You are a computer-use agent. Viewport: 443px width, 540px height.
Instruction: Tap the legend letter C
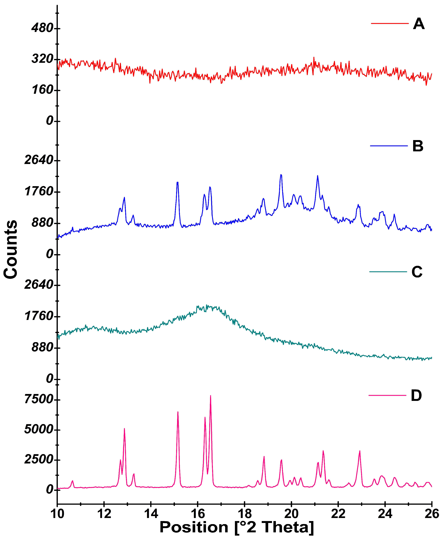pyautogui.click(x=417, y=272)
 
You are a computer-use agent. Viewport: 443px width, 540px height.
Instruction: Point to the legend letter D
pyautogui.click(x=416, y=396)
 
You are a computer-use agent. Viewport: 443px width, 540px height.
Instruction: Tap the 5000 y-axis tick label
pyautogui.click(x=39, y=430)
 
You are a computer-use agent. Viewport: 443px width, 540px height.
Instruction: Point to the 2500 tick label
pyautogui.click(x=39, y=460)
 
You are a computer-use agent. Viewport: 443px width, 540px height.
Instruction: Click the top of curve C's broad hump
pyautogui.click(x=207, y=306)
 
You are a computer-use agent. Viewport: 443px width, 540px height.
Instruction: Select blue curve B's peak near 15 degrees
pyautogui.click(x=177, y=182)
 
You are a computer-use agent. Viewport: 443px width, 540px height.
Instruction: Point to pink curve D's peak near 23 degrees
pyautogui.click(x=360, y=451)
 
